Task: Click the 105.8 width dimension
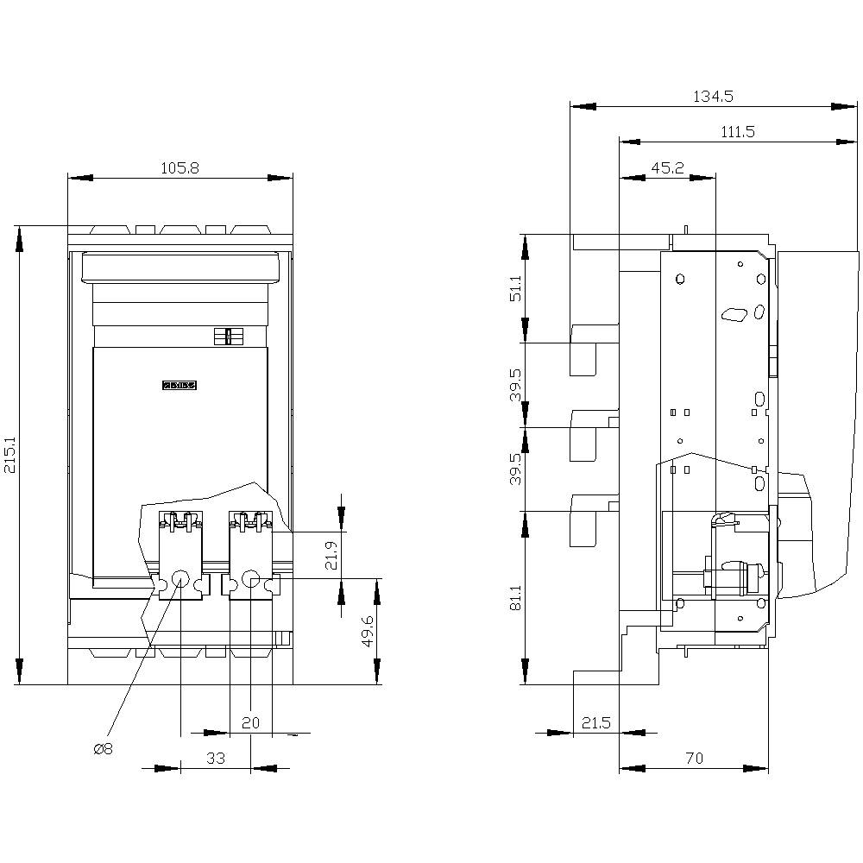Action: coord(180,168)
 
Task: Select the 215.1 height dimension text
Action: coord(9,454)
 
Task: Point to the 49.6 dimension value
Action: coord(368,631)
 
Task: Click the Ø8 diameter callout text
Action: coord(103,749)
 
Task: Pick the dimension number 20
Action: coord(250,723)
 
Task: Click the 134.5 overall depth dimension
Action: coord(713,97)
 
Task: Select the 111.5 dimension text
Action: coord(736,131)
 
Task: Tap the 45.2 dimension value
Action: coord(667,167)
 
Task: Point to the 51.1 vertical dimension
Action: coord(514,287)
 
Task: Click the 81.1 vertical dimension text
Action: coord(514,597)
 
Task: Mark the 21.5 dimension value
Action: coord(595,723)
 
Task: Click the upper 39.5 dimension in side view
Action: coord(514,384)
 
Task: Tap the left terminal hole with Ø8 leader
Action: coord(180,580)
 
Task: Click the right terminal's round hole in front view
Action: coord(250,580)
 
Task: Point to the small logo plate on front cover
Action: coord(180,386)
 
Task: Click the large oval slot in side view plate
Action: coord(734,315)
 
